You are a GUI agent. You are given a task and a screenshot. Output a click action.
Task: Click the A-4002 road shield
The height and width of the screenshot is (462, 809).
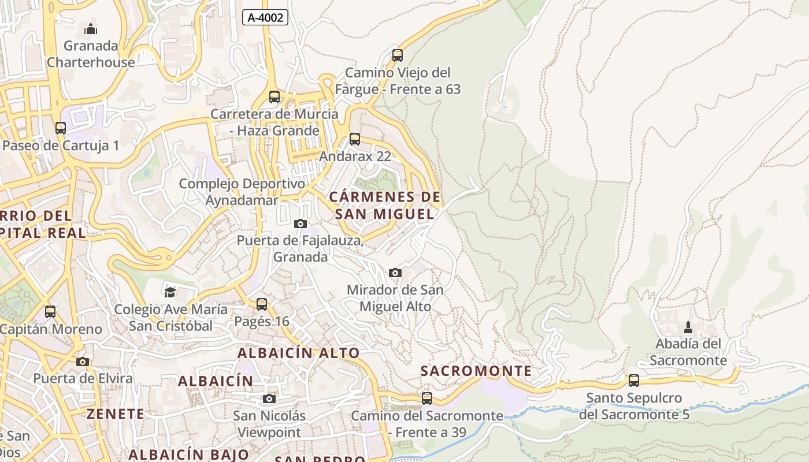265,17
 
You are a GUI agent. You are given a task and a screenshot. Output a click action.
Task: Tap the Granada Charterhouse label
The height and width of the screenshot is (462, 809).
91,54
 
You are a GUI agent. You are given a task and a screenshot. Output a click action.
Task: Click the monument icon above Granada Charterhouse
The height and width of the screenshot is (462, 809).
91,28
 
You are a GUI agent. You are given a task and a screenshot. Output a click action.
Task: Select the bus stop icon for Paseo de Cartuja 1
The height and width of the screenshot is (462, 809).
61,128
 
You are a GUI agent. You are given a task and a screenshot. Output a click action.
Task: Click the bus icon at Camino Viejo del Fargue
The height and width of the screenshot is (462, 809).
398,55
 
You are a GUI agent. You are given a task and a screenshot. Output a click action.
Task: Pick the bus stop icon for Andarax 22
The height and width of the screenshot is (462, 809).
355,139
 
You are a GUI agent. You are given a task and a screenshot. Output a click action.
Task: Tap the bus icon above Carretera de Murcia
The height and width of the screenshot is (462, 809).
274,96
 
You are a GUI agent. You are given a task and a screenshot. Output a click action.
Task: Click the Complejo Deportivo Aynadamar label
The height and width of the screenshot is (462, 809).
242,192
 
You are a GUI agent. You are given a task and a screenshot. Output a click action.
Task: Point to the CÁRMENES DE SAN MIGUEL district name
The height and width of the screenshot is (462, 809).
385,206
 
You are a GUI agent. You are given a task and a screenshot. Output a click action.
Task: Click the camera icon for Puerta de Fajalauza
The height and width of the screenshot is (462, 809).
300,223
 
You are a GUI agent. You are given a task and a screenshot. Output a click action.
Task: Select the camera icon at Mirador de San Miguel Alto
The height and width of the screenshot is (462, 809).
395,273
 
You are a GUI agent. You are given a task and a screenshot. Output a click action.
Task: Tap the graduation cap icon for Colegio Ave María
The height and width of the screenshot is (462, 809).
170,292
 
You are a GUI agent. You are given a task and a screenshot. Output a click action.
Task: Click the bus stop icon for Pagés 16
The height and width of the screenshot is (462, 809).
262,304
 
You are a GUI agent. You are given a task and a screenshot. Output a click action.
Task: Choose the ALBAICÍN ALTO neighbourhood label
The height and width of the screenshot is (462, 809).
299,353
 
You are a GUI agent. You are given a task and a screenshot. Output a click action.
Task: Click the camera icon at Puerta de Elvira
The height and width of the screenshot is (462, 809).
83,362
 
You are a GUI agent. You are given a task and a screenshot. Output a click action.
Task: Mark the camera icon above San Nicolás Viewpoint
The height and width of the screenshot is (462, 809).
269,398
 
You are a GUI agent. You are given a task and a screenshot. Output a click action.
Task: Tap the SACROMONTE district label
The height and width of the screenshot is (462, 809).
476,371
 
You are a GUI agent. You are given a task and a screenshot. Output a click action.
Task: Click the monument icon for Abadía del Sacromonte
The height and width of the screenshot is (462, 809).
688,327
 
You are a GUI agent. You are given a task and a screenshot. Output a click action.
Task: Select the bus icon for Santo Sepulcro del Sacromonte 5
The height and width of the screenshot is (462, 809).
634,381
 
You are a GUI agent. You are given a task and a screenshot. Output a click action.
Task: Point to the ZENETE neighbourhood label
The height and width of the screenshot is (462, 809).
116,413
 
